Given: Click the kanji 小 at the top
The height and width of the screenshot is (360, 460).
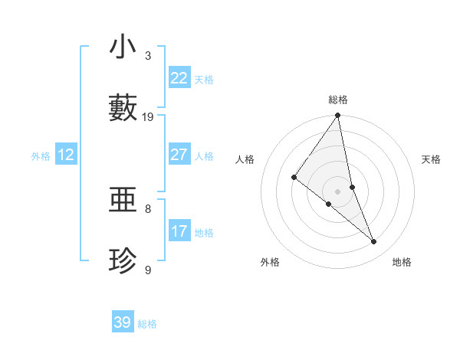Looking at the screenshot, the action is click(x=123, y=47).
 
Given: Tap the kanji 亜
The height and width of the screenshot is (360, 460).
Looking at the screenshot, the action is click(x=123, y=200).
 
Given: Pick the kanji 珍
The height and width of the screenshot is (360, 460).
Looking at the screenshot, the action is click(x=123, y=261).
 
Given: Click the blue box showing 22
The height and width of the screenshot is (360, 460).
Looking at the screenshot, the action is click(x=179, y=77).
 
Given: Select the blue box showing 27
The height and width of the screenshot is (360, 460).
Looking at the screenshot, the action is click(x=179, y=154).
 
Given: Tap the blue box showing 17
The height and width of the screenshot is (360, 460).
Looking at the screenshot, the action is click(x=179, y=231).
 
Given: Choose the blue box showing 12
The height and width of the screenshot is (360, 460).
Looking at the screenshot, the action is click(x=65, y=155).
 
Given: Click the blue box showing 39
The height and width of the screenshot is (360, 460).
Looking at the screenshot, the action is click(x=122, y=322).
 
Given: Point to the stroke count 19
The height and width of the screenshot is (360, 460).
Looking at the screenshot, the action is click(x=148, y=116).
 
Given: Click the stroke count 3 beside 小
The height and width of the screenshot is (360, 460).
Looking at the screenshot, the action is click(x=148, y=55).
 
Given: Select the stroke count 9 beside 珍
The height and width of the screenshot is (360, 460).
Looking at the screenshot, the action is click(x=148, y=270).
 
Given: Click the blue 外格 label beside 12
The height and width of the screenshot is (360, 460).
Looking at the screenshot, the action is click(x=41, y=155).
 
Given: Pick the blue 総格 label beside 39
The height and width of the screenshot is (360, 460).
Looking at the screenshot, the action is click(x=147, y=324).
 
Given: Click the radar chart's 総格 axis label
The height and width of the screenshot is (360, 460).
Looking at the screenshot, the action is click(x=338, y=100).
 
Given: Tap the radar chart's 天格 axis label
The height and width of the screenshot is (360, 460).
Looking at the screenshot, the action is click(x=431, y=159).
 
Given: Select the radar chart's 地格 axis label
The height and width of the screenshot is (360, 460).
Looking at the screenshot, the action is click(x=402, y=262).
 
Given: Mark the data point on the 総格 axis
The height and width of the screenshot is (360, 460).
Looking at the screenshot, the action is click(x=337, y=116).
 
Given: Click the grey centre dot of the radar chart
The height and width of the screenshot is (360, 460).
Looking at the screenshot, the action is click(x=337, y=191).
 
